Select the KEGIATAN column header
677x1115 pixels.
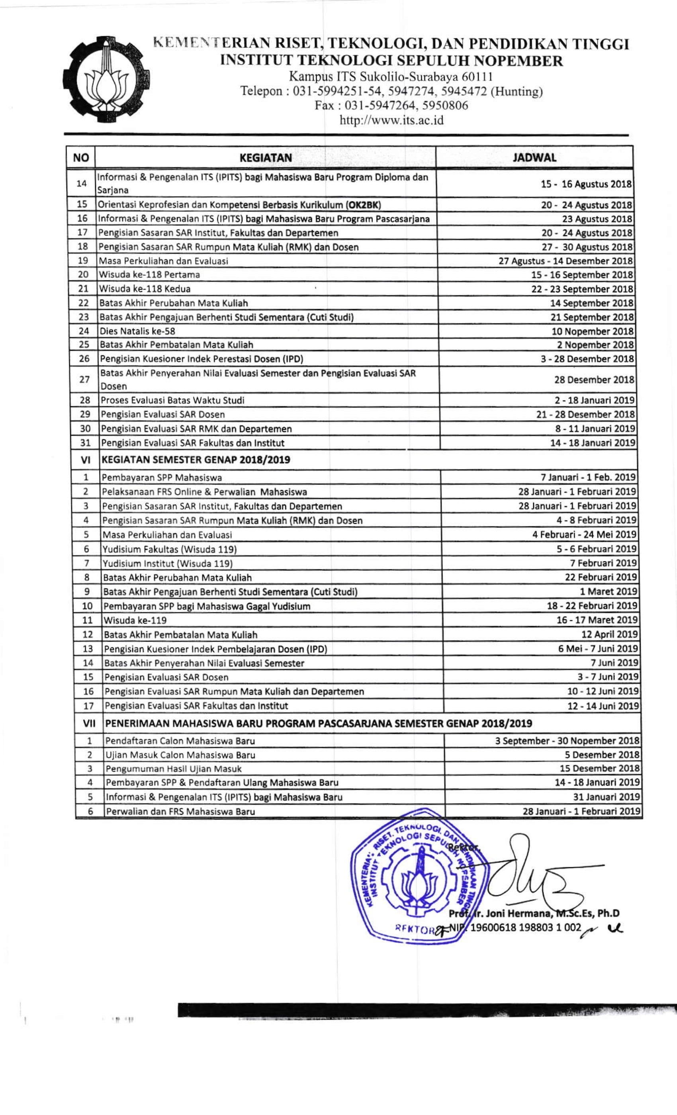[265, 158]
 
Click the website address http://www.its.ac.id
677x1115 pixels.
[391, 120]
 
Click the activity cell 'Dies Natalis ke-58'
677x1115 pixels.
[137, 331]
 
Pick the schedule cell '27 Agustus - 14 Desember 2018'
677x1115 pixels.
[565, 261]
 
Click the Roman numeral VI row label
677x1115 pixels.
[86, 460]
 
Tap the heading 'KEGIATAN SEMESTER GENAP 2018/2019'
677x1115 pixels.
[196, 460]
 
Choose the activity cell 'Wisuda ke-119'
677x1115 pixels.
[135, 620]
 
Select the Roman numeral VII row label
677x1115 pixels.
[89, 724]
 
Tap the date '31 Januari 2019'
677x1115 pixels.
[607, 797]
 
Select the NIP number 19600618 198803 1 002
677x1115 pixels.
[525, 928]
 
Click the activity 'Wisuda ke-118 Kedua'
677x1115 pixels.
[145, 289]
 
